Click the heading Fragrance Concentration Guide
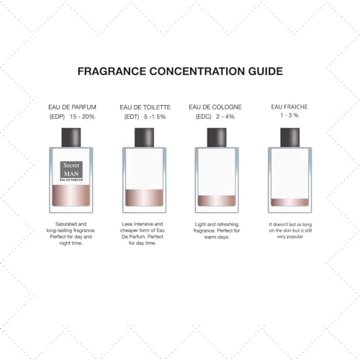180,71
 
